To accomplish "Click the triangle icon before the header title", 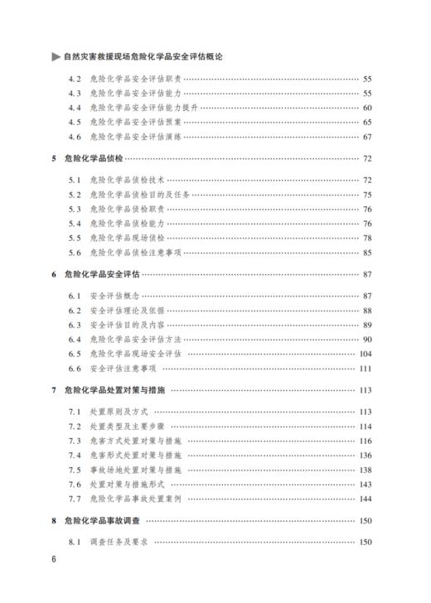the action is [56, 57].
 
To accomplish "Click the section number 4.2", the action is [75, 79].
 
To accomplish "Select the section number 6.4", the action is [75, 339].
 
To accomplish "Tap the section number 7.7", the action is [75, 498].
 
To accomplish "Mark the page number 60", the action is [367, 108].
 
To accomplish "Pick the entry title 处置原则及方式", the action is [120, 412].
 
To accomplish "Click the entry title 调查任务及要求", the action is [120, 542].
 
